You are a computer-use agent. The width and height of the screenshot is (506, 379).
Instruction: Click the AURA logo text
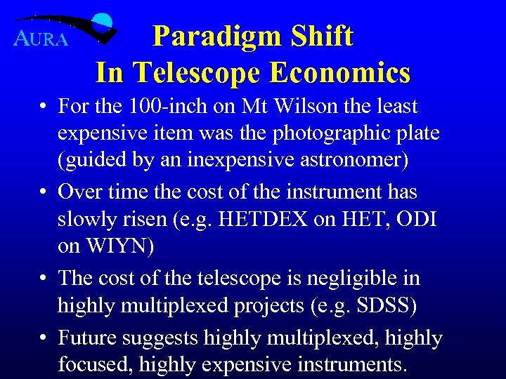[41, 39]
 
